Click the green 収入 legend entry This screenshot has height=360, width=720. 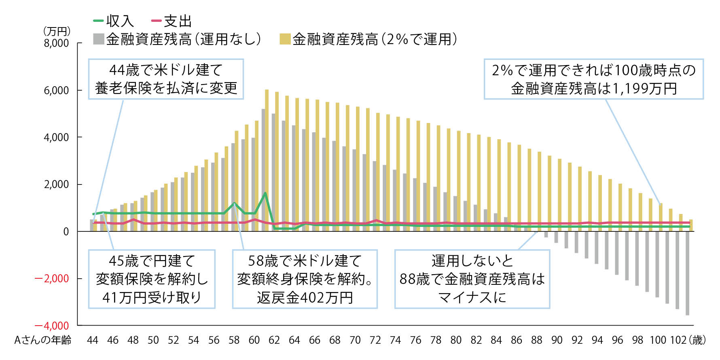point(114,21)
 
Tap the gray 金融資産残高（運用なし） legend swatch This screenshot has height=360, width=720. point(98,39)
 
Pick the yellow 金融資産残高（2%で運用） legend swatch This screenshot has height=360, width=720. point(285,39)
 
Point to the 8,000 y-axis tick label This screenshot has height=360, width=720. point(57,43)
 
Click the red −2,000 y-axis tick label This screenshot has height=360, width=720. point(52,279)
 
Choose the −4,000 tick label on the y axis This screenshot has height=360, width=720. point(52,326)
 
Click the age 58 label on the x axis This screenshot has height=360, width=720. point(234,340)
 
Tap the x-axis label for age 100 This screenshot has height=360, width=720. point(658,340)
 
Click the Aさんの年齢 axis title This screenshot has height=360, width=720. point(43,340)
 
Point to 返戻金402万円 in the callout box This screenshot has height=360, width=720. point(305,298)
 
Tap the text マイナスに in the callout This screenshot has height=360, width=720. point(472,298)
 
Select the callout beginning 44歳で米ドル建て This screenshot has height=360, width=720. point(166,79)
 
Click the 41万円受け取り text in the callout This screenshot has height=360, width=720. point(152,298)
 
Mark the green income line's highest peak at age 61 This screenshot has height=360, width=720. point(265,193)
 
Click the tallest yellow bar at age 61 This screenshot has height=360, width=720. point(267,160)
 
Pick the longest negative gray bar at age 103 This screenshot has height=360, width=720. point(687,273)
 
